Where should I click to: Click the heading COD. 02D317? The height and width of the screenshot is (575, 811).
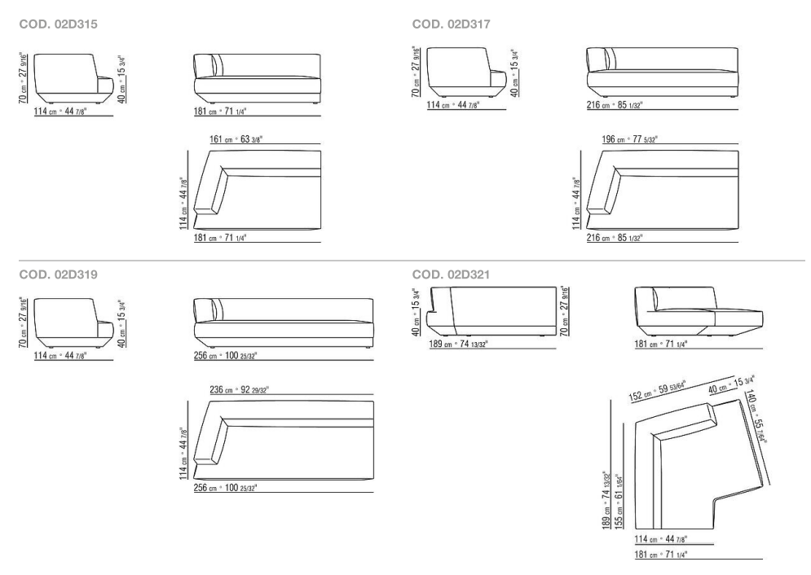click(451, 25)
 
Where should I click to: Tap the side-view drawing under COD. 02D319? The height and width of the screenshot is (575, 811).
click(73, 320)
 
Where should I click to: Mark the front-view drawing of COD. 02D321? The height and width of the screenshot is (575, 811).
click(699, 312)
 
